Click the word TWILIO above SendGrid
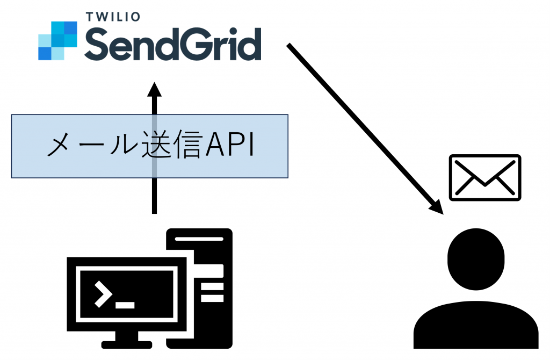[113, 16]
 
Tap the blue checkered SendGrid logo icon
[58, 41]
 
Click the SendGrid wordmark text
[172, 45]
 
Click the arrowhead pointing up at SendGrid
[154, 89]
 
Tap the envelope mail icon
[485, 178]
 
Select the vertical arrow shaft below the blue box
[154, 196]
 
